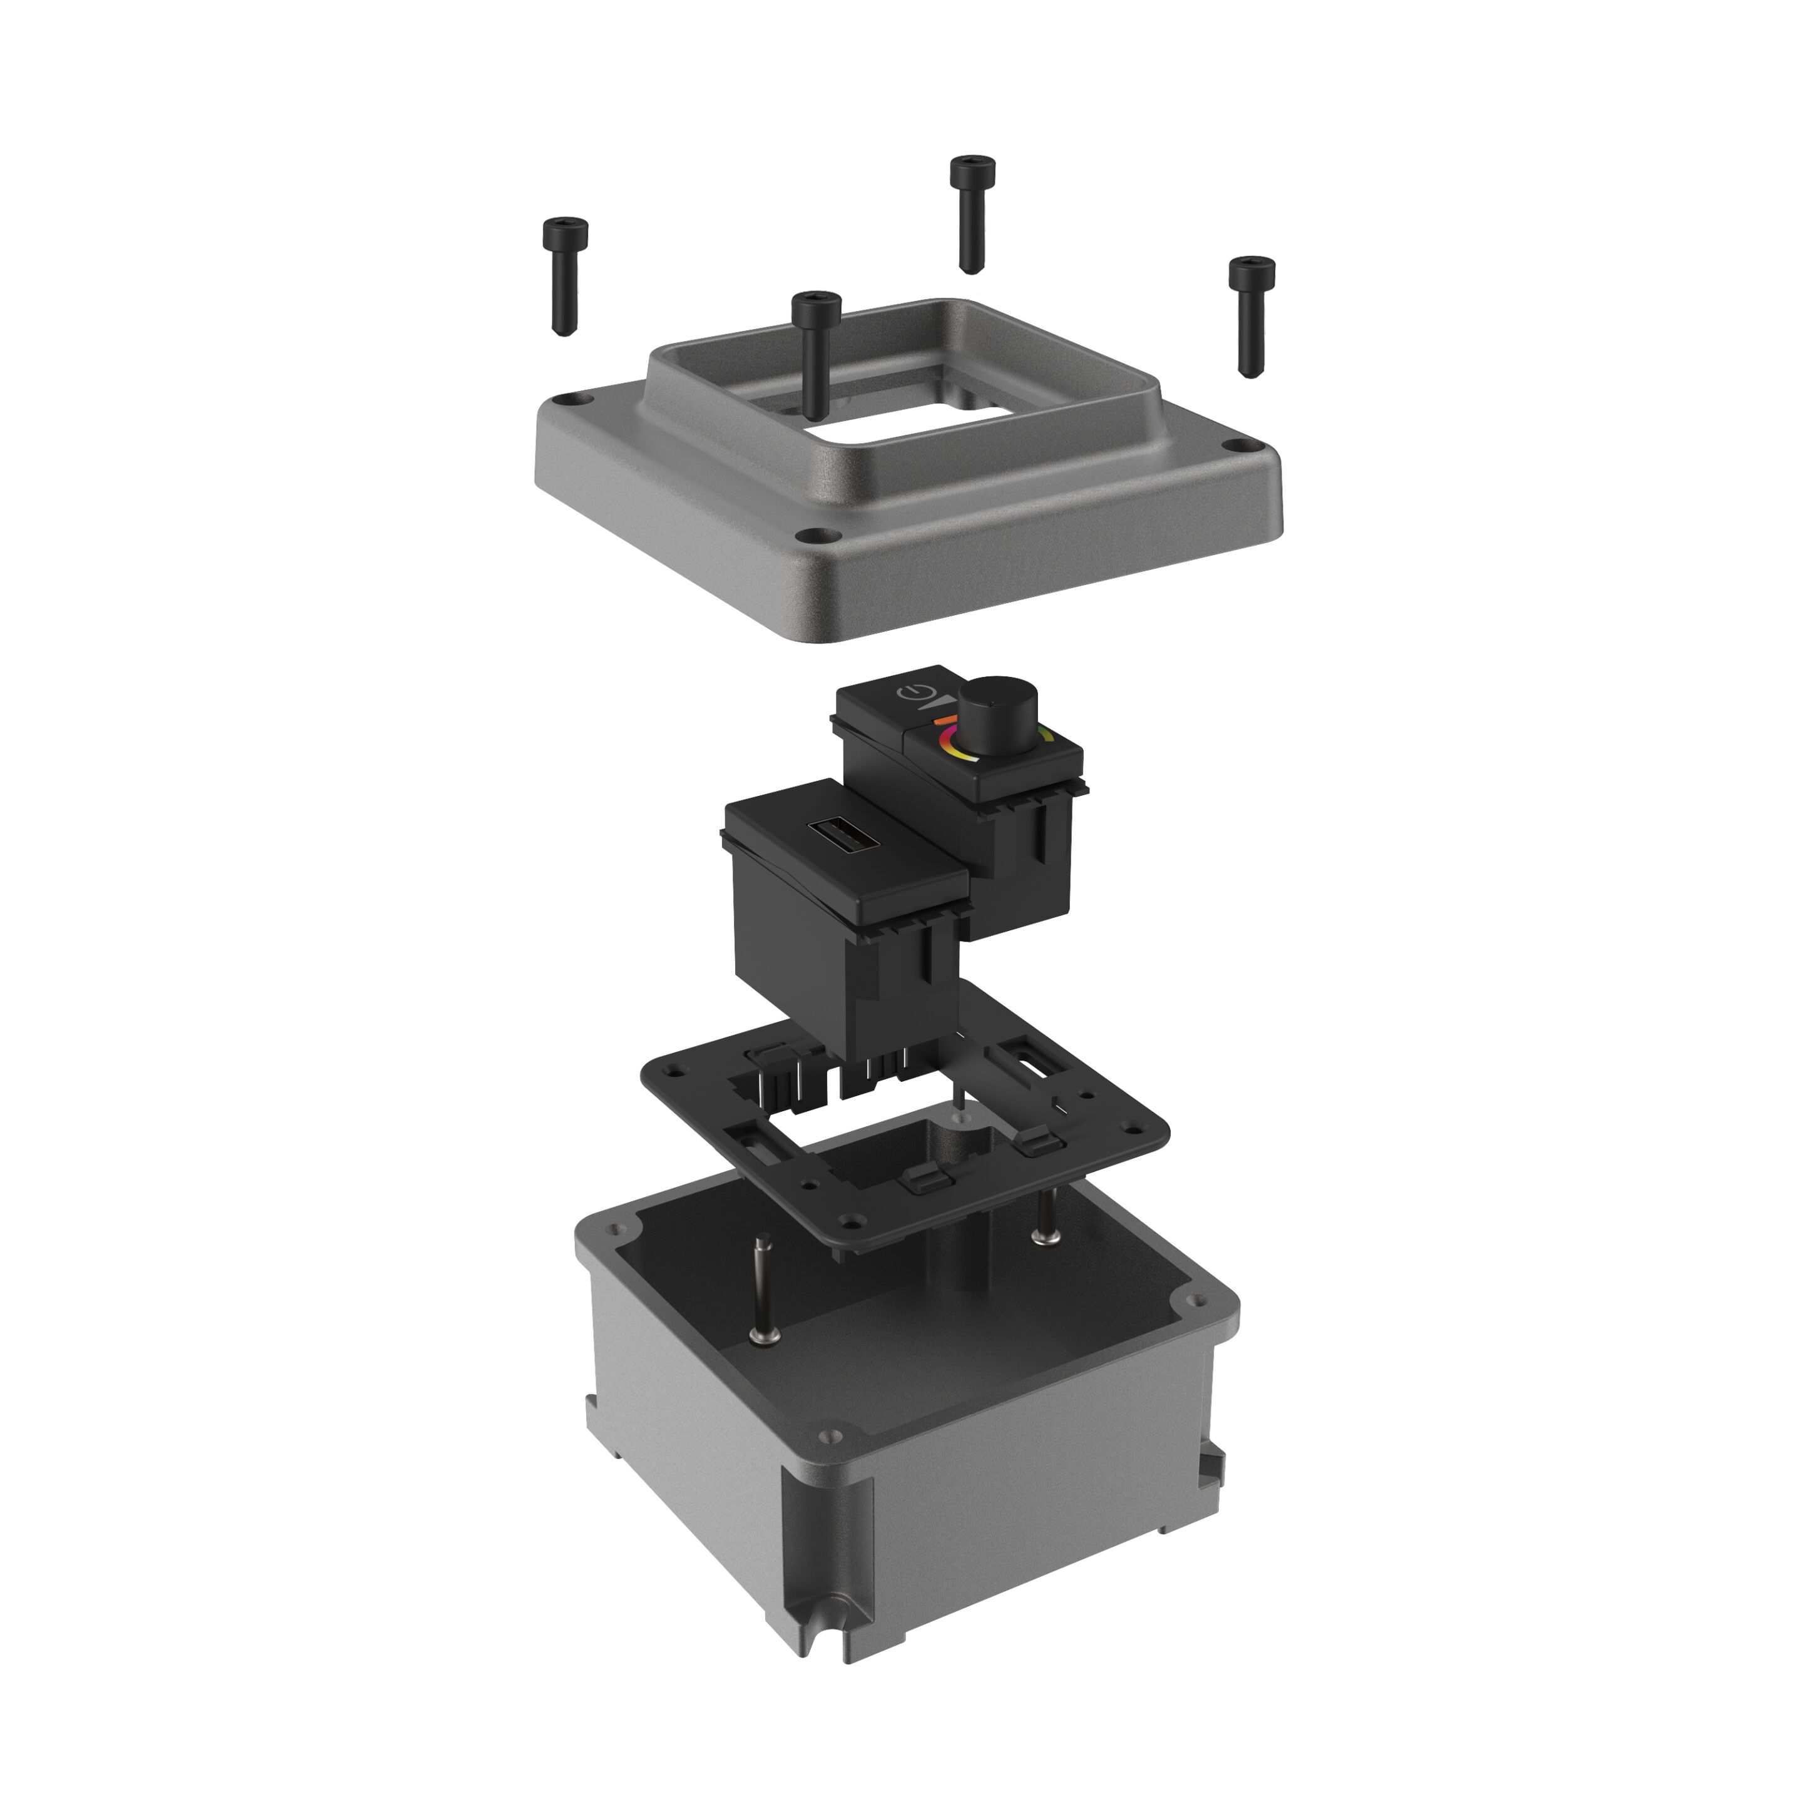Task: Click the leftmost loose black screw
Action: coord(563,276)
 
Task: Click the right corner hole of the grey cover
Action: coord(1237,446)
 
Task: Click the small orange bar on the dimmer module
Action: coord(944,720)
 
